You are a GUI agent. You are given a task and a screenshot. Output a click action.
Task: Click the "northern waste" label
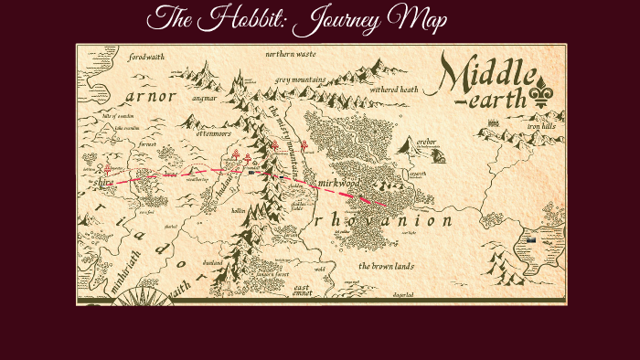pos(291,55)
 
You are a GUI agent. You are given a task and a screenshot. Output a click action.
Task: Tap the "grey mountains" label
pos(300,80)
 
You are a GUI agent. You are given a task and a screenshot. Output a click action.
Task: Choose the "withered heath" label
pos(394,90)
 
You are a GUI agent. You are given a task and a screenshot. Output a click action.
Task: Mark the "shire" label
pos(101,182)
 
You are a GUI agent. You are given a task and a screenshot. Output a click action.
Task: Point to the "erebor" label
pos(426,143)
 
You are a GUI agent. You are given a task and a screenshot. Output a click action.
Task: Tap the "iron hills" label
pos(541,126)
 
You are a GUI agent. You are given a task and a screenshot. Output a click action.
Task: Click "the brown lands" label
pos(388,266)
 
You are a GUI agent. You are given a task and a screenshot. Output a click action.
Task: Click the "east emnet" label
pos(302,291)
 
